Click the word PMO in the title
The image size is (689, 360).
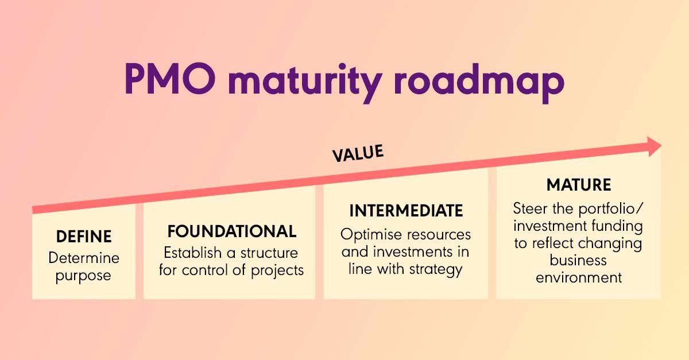tap(170, 79)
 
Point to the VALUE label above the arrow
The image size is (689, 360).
tap(358, 153)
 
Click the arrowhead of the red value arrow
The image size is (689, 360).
tap(654, 147)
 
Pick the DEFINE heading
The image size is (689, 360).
tap(84, 237)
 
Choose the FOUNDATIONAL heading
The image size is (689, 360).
tap(232, 231)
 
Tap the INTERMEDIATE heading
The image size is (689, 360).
tap(406, 211)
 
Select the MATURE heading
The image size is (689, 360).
tap(579, 185)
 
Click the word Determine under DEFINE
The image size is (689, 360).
tap(84, 258)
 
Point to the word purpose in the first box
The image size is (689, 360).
tap(83, 276)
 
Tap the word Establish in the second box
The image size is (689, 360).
tap(192, 253)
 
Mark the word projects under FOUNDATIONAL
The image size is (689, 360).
tap(277, 271)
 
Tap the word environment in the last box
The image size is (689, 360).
tap(579, 278)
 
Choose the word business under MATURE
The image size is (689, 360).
tap(578, 260)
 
